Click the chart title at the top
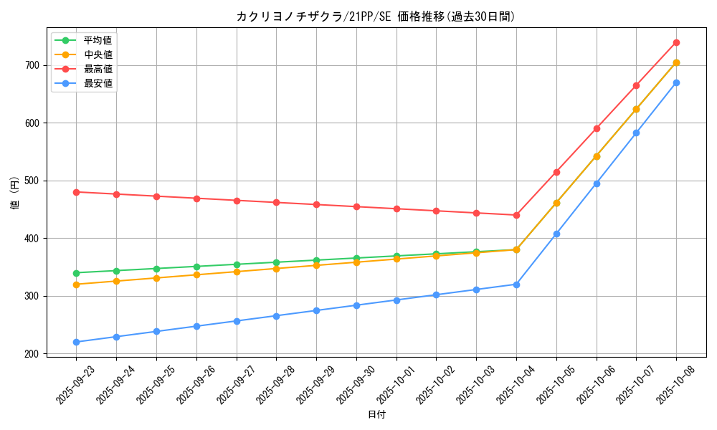coord(376,16)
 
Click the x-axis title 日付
coord(376,415)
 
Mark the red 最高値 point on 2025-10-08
coord(676,43)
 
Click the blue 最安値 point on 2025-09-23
coord(77,342)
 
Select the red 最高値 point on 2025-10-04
coord(516,215)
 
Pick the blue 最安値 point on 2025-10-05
coord(556,234)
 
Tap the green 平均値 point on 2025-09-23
coord(77,273)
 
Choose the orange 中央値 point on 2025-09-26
coord(196,274)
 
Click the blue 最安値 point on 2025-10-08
coord(676,83)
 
